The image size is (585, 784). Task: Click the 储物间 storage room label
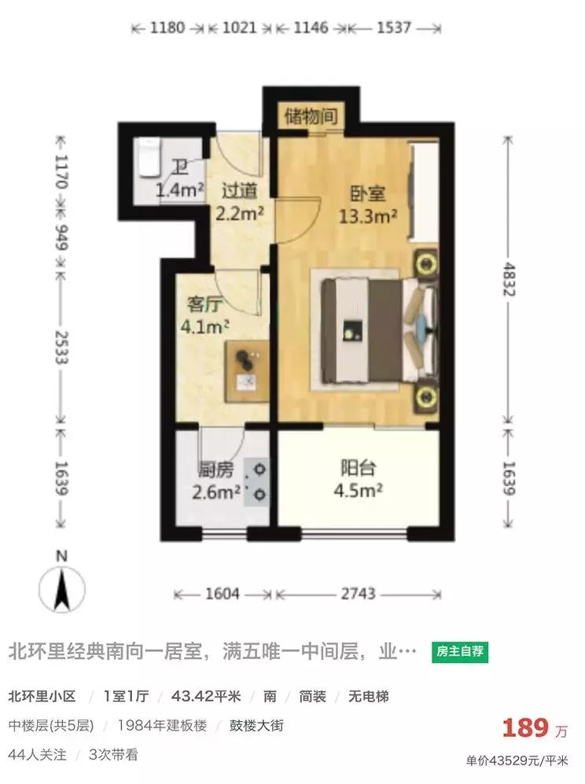coord(312,117)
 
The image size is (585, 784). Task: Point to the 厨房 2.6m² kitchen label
coord(215,481)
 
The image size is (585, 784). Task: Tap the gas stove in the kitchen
coord(258,481)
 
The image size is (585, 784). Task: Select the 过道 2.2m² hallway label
coord(238,201)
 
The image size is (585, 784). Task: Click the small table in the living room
coord(248,368)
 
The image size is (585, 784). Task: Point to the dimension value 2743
coord(358,593)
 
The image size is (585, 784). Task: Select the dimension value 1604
coord(223,593)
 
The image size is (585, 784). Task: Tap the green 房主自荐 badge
coord(461,651)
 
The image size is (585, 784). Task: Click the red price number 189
coord(525,727)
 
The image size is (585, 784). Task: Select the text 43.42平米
coord(212,696)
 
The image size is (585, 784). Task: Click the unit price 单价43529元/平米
coord(517,760)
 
